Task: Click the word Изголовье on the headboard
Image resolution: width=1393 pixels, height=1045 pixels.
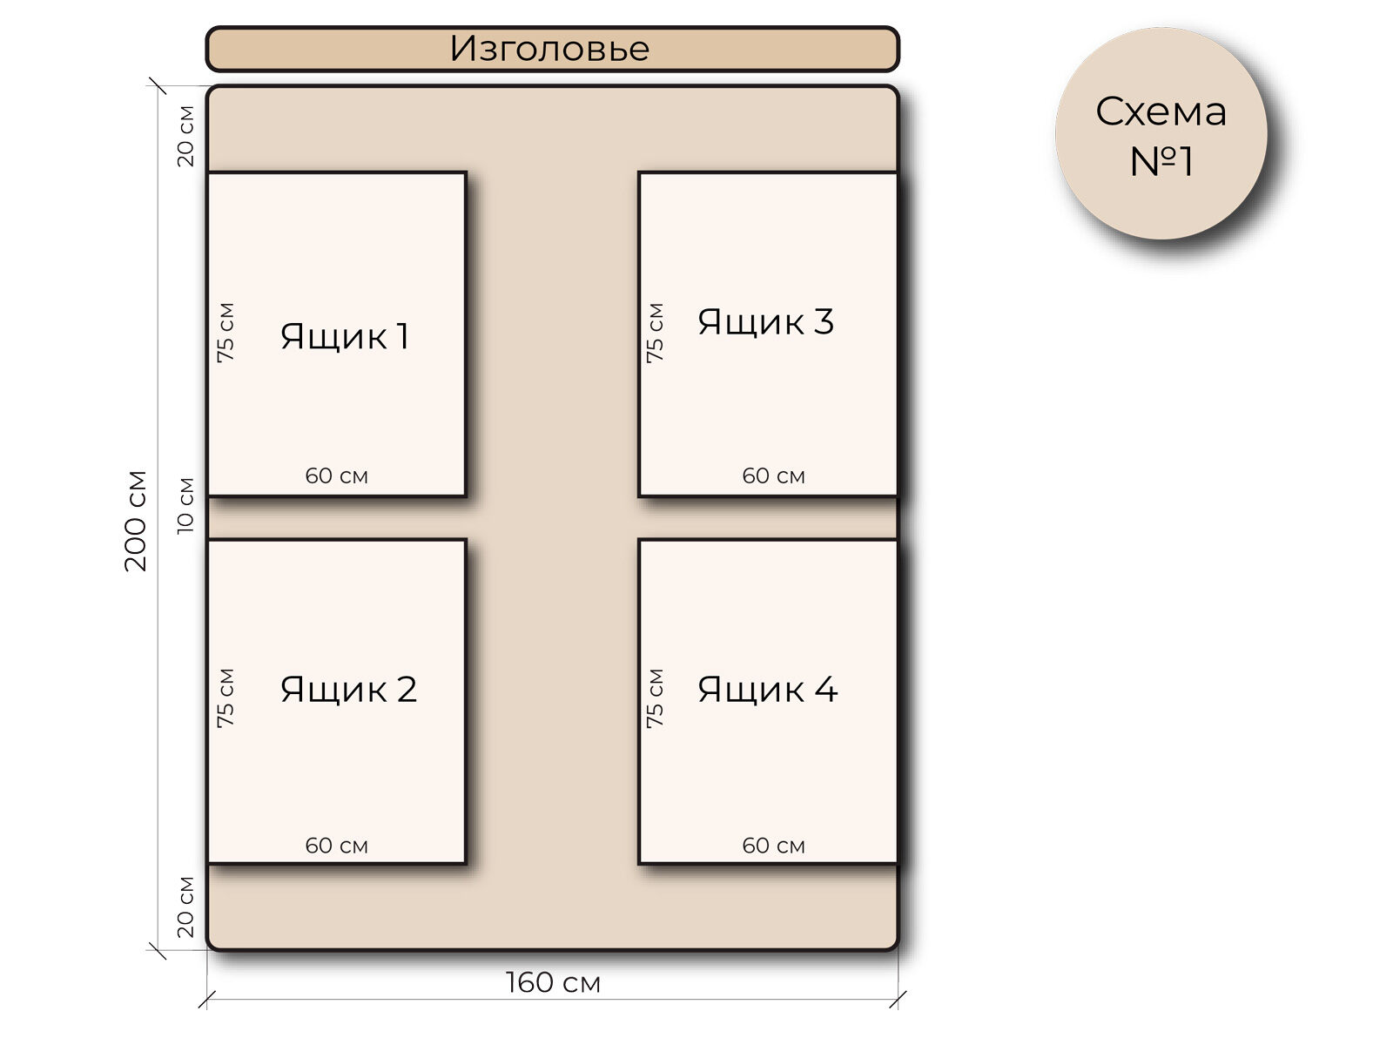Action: coord(549,49)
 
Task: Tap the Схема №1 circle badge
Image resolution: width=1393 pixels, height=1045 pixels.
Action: coord(1161,133)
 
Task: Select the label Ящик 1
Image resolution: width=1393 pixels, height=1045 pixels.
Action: coord(345,336)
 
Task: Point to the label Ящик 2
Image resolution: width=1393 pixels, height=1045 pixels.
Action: coord(348,690)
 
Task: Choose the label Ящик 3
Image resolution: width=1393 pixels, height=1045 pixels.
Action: coord(765,322)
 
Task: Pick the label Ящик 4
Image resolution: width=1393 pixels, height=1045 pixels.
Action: coord(767,690)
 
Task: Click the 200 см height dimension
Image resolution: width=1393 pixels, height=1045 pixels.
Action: coord(136,521)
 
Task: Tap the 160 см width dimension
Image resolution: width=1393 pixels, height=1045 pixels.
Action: coord(553,982)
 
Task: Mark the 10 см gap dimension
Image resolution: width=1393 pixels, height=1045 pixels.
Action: coord(185,506)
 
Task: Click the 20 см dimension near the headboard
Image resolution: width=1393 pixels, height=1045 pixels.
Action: coord(185,136)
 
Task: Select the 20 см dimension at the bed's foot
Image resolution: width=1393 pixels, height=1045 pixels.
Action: coord(185,907)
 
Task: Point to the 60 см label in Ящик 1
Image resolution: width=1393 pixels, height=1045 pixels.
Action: coord(336,475)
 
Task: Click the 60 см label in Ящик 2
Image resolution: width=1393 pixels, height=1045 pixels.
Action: coord(336,846)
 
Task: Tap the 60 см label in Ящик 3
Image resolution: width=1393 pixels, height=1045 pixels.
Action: coord(773,475)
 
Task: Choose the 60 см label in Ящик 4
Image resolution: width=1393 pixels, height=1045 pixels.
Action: coord(773,846)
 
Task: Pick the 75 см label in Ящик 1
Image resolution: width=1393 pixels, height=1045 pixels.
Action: coord(225,333)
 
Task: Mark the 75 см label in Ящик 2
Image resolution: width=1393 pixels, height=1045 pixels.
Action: coord(225,698)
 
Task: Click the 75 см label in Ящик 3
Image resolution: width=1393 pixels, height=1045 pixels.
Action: coord(655,333)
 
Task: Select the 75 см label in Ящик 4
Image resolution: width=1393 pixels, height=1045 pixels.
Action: coord(655,698)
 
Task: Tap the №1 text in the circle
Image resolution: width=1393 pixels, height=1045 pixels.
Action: coord(1161,162)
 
